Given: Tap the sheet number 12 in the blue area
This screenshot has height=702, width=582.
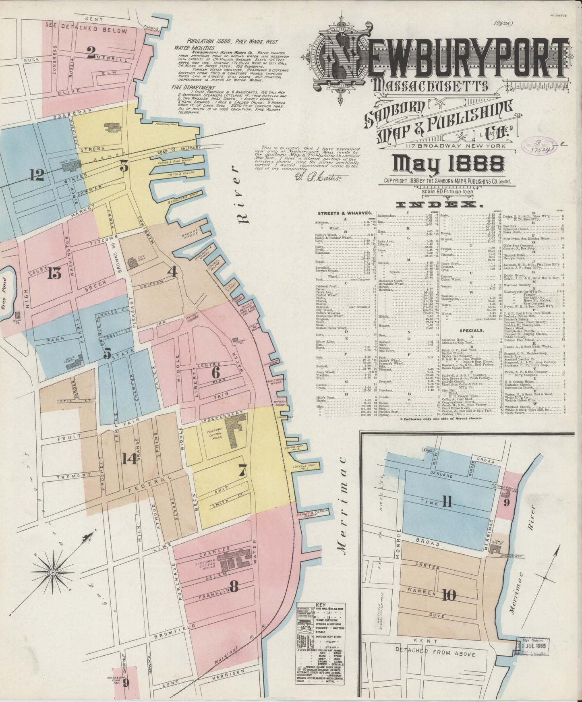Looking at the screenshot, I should tap(37, 174).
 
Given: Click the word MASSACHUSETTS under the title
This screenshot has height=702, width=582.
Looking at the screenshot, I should tap(431, 85).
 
